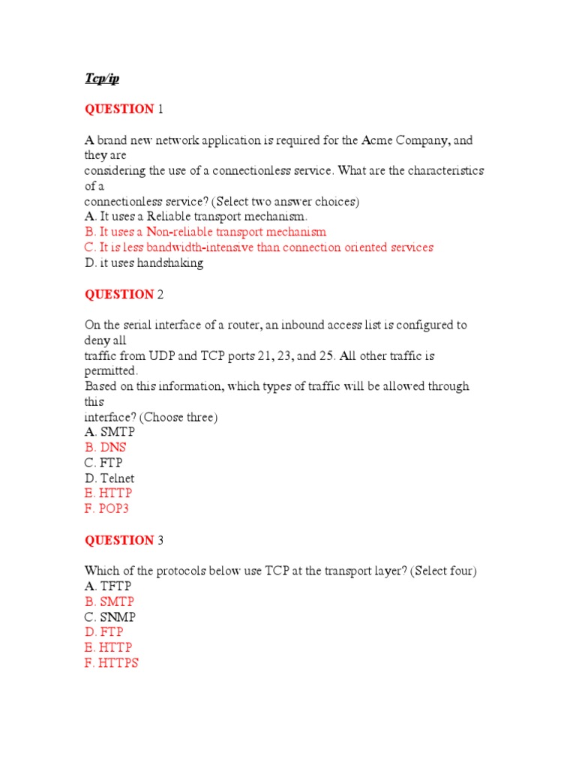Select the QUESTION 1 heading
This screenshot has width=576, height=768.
[x=123, y=109]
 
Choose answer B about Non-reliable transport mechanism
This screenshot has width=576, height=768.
[x=205, y=232]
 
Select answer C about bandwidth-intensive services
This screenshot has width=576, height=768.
[x=259, y=247]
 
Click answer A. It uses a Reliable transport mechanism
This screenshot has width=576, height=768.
[x=196, y=217]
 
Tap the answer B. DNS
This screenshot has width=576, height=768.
[x=105, y=448]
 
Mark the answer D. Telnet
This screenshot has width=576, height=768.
[x=109, y=478]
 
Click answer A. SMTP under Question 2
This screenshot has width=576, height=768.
[x=109, y=433]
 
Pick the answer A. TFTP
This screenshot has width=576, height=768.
[x=109, y=586]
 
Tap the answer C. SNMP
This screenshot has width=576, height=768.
[x=110, y=617]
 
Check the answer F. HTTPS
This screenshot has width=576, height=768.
[x=112, y=663]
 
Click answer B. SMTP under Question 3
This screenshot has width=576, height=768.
[x=109, y=601]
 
